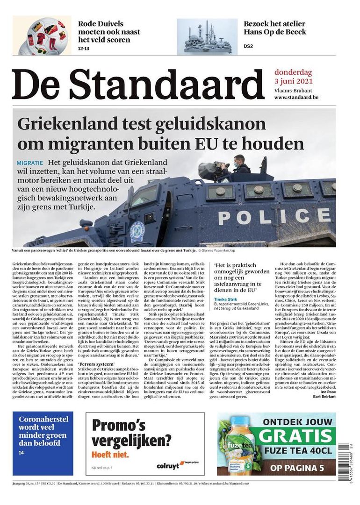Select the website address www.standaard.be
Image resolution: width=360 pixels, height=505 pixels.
pyautogui.click(x=296, y=97)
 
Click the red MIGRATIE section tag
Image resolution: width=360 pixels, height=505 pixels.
pyautogui.click(x=29, y=163)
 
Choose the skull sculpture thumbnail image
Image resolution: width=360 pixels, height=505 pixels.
pyautogui.click(x=207, y=36)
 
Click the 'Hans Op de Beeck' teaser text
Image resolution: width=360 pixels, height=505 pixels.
pyautogui.click(x=275, y=32)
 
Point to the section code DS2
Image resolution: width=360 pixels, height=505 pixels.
pyautogui.click(x=248, y=46)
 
